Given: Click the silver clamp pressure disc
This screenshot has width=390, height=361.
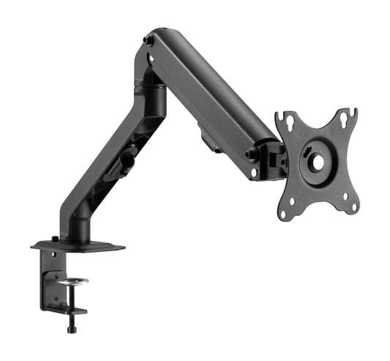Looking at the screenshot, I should coord(72,280).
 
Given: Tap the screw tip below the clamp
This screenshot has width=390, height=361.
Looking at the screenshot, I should coord(71,330).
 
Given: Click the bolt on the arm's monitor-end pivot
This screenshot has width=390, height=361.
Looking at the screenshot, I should coord(252,155).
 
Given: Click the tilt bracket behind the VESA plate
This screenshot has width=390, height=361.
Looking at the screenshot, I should coord(274,160).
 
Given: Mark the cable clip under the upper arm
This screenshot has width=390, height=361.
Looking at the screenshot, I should coord(208,140).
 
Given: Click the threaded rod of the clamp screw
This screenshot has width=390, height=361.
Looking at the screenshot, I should coord(72,297).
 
